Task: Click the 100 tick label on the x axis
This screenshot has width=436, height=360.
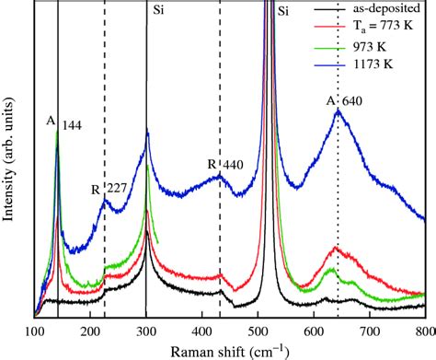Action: pyautogui.click(x=34, y=329)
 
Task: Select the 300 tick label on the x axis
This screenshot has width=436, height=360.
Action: pyautogui.click(x=146, y=329)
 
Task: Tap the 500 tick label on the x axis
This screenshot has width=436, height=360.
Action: pyautogui.click(x=258, y=329)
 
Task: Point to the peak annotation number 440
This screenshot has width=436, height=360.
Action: pyautogui.click(x=232, y=166)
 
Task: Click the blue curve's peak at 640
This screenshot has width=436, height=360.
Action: pyautogui.click(x=338, y=110)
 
